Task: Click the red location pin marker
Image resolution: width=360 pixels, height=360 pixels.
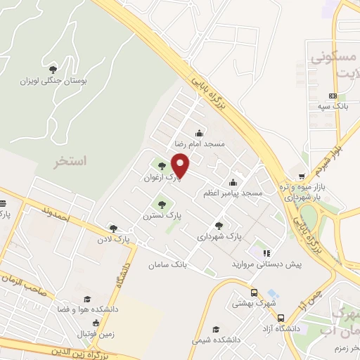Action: point(181,165)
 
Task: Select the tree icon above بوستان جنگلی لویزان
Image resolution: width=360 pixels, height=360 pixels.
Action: point(53,69)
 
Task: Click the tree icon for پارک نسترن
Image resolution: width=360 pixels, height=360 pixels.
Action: point(162,205)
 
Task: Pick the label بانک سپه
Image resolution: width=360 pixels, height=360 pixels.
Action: point(333,105)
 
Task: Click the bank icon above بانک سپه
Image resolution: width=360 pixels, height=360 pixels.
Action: point(333,96)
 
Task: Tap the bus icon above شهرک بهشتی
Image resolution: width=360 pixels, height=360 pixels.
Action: point(253,292)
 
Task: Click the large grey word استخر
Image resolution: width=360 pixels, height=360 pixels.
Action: point(70,161)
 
